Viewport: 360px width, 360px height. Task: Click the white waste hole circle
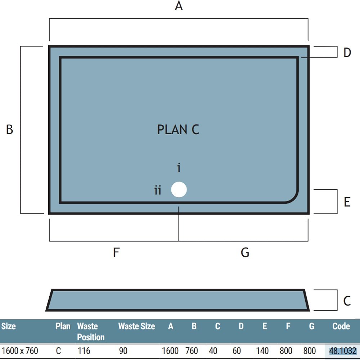[x=179, y=189]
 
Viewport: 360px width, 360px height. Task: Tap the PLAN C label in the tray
[x=178, y=130]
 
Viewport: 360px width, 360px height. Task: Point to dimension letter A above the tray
[x=179, y=6]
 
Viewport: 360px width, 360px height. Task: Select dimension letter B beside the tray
[x=9, y=129]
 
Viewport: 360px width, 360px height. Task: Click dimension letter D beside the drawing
[x=347, y=53]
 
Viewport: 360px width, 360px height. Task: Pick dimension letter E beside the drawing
[x=347, y=202]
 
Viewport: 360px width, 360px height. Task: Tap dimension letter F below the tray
[x=116, y=252]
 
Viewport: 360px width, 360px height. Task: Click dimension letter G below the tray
[x=245, y=252]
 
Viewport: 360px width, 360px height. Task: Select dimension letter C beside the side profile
[x=347, y=301]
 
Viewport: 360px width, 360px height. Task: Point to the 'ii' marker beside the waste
[x=158, y=190]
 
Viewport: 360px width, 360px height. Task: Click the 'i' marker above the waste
[x=179, y=168]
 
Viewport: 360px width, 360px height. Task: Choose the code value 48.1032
[x=343, y=351]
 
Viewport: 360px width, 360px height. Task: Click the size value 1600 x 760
[x=20, y=351]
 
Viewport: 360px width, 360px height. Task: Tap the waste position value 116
[x=84, y=351]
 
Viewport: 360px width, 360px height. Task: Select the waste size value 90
[x=123, y=351]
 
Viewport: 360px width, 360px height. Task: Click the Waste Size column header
[x=136, y=326]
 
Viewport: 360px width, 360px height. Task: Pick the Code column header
[x=341, y=326]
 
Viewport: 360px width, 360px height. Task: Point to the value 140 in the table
[x=262, y=351]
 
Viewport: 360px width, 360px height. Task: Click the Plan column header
[x=63, y=326]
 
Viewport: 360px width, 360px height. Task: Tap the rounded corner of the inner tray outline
[x=294, y=199]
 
